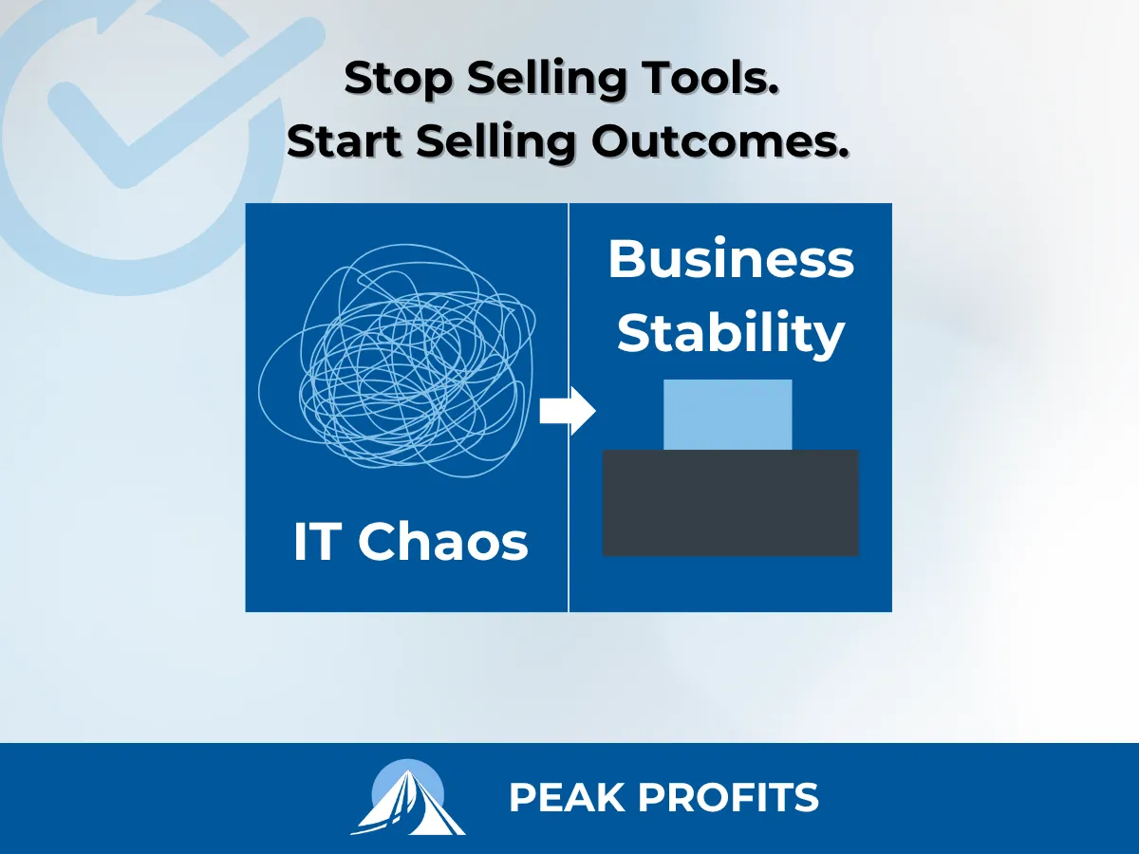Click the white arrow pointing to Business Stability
pos(567,413)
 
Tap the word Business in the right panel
pos(731,258)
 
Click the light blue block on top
pos(727,415)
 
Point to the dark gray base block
pos(731,503)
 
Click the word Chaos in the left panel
pos(443,543)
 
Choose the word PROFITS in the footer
pos(726,798)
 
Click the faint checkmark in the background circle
pos(133,104)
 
